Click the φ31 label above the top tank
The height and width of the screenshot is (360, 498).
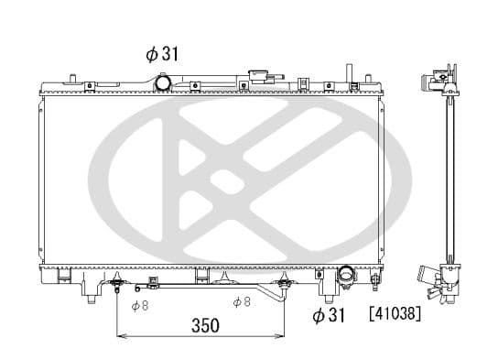160,54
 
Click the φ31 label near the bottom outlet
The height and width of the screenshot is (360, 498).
331,316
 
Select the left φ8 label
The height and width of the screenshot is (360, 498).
140,305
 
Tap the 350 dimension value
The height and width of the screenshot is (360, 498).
203,324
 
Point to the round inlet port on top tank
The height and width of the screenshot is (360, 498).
163,83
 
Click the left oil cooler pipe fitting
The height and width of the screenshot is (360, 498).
118,286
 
